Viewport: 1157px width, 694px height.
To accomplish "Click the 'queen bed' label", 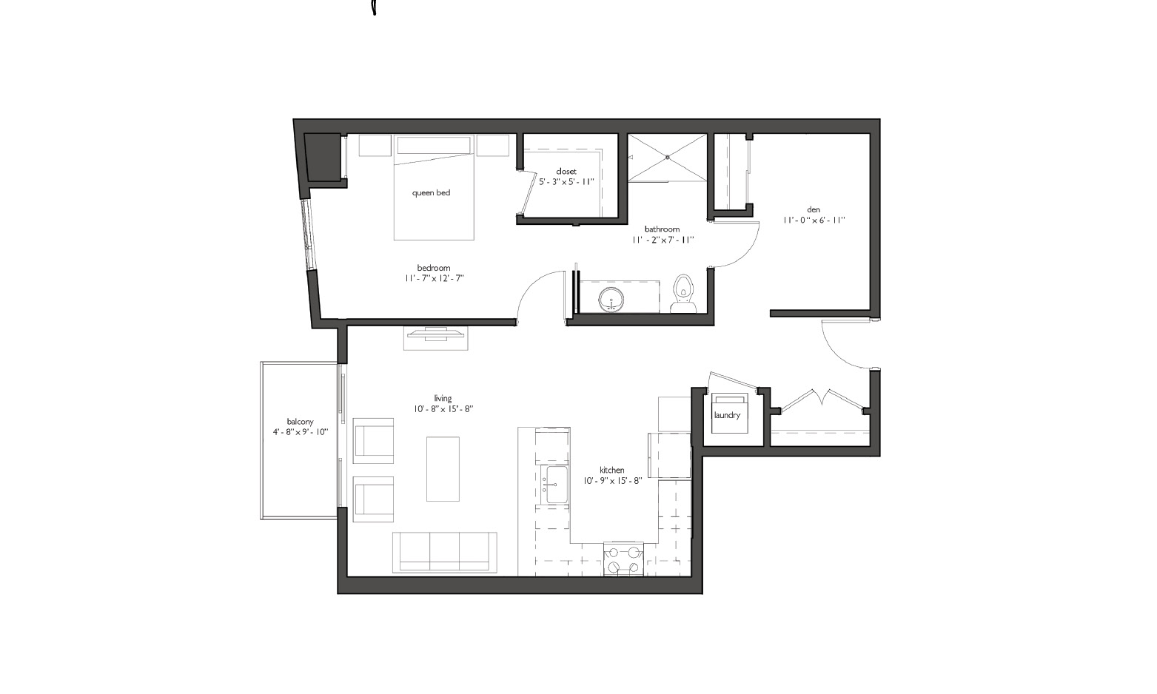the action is point(431,193).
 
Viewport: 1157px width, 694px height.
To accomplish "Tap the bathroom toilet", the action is point(683,294).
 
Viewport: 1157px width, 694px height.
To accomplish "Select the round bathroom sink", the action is point(611,299).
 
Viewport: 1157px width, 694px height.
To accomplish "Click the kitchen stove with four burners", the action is point(624,560).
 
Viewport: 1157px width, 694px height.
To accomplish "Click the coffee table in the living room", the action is point(443,469).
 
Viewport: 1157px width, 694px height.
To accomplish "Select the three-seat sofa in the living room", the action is point(445,553).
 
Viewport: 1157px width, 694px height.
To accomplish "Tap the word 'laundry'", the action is point(727,415).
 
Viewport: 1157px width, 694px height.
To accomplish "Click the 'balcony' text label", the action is point(300,422).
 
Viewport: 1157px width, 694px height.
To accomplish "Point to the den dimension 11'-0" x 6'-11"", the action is point(814,220).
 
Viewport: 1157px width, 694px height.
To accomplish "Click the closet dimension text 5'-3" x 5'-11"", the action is point(566,182).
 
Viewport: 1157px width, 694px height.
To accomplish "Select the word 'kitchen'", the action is point(612,470).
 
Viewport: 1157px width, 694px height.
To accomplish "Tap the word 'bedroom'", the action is point(434,268).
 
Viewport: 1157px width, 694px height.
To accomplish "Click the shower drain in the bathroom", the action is point(668,157).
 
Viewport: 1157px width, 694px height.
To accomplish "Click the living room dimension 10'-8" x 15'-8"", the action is point(443,409).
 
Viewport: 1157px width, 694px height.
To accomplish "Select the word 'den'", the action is point(814,209).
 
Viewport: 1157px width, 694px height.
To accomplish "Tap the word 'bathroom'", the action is point(663,229).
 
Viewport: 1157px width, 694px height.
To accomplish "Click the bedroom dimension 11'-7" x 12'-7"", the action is point(435,278).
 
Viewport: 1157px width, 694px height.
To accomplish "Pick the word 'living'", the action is point(443,399).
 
